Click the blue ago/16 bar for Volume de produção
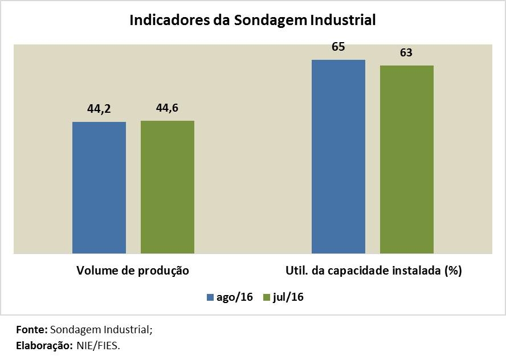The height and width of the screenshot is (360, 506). coord(99,187)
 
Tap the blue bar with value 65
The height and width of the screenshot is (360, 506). coord(338,157)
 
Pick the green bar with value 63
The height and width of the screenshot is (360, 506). coord(407,159)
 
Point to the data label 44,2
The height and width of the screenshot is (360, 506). coord(99,109)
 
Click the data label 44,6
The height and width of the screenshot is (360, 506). coord(168,108)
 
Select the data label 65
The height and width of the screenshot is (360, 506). coord(338,47)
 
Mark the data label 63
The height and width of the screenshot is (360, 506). coord(406,52)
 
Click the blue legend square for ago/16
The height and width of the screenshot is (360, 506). coord(210,297)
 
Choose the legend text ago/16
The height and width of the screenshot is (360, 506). coord(234,297)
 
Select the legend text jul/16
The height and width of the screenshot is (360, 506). coord(288,297)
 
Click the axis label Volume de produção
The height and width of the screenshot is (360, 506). coord(133,271)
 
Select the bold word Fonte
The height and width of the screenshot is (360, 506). coord(31,330)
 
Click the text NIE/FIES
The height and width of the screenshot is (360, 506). coord(97,345)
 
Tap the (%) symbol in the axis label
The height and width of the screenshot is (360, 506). coord(452,271)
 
